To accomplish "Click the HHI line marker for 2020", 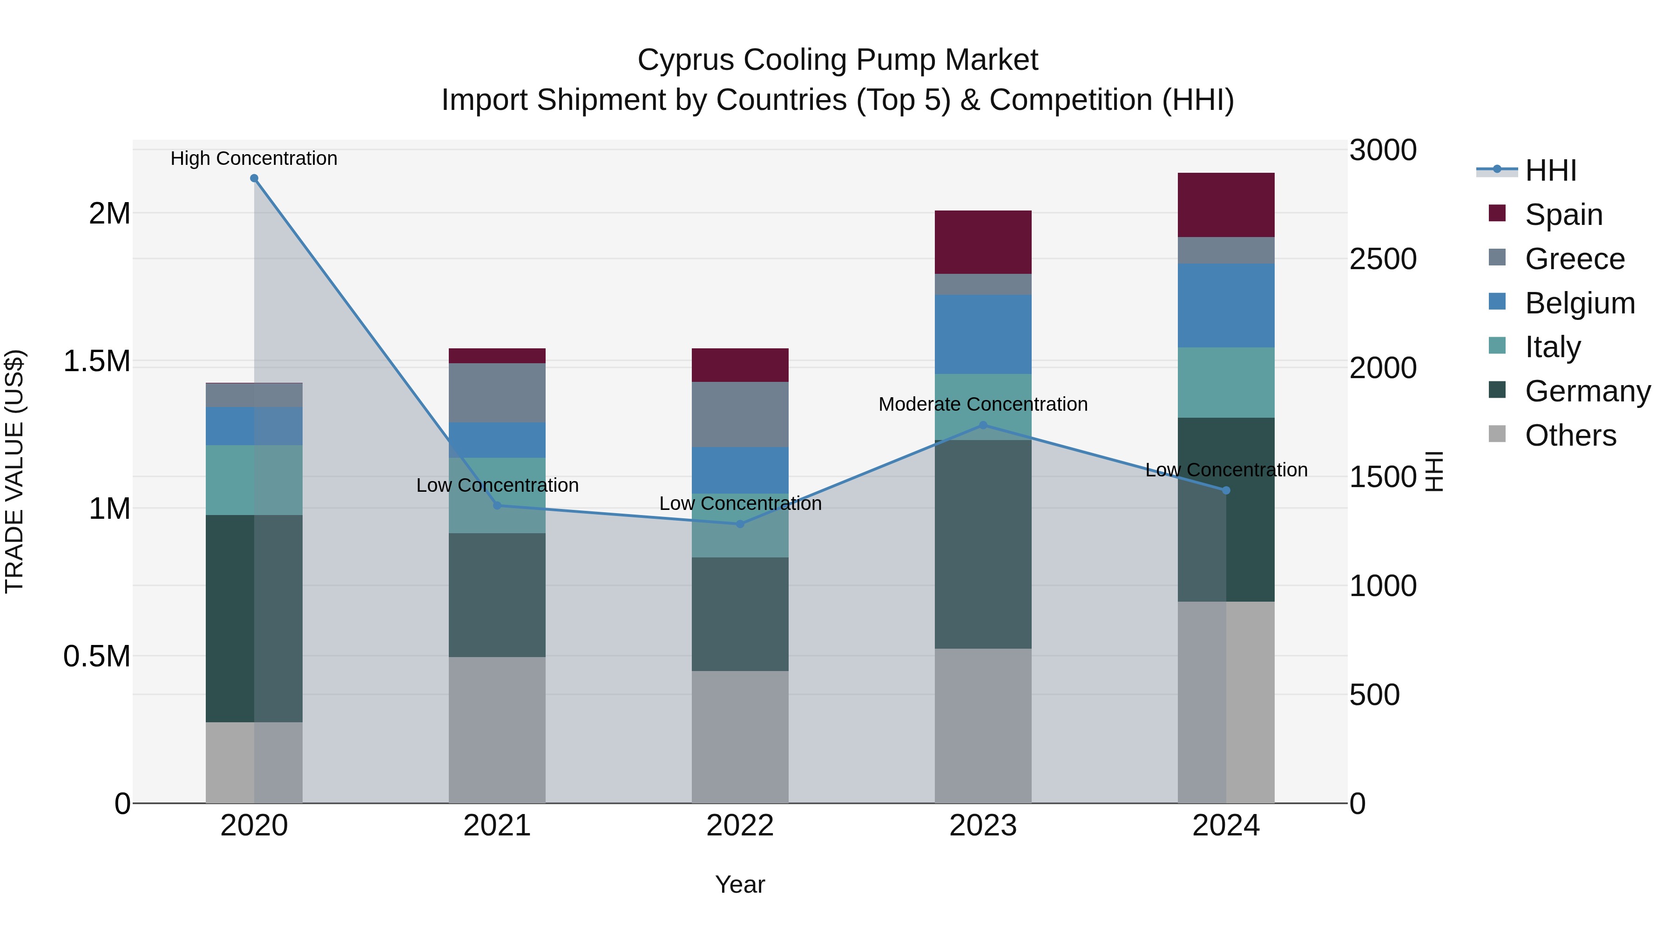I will (254, 178).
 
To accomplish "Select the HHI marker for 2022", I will (740, 524).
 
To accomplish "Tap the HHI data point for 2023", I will (983, 425).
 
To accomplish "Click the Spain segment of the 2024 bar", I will (1226, 205).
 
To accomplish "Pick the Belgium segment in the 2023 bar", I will (983, 334).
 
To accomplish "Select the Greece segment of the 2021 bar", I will (497, 393).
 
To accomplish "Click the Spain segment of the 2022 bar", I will (740, 365).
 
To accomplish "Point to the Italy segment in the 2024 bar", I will (1226, 383).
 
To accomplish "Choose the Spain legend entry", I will (1563, 215).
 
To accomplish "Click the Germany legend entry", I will (1588, 391).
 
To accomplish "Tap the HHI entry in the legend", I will (1550, 170).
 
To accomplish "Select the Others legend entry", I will (1570, 435).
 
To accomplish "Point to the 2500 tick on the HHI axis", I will (1383, 259).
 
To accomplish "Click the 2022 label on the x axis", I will (740, 826).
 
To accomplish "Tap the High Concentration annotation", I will (254, 158).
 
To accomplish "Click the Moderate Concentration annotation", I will (983, 404).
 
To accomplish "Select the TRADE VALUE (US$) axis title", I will (14, 471).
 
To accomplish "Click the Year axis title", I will (740, 884).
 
